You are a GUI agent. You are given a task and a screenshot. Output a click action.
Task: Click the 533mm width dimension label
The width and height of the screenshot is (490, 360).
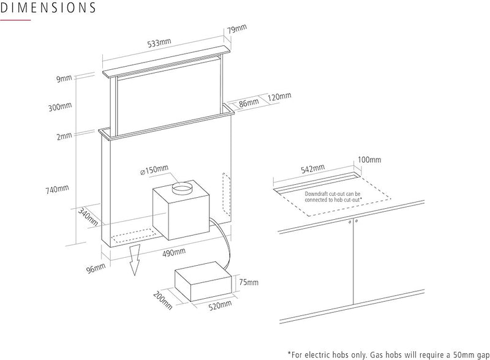pyautogui.click(x=159, y=44)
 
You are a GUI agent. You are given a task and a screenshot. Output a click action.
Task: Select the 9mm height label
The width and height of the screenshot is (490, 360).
pyautogui.click(x=63, y=79)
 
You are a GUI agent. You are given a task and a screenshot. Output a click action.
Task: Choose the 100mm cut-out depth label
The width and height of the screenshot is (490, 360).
pyautogui.click(x=369, y=160)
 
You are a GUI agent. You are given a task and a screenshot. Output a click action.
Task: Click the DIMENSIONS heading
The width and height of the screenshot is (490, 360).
pyautogui.click(x=48, y=9)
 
